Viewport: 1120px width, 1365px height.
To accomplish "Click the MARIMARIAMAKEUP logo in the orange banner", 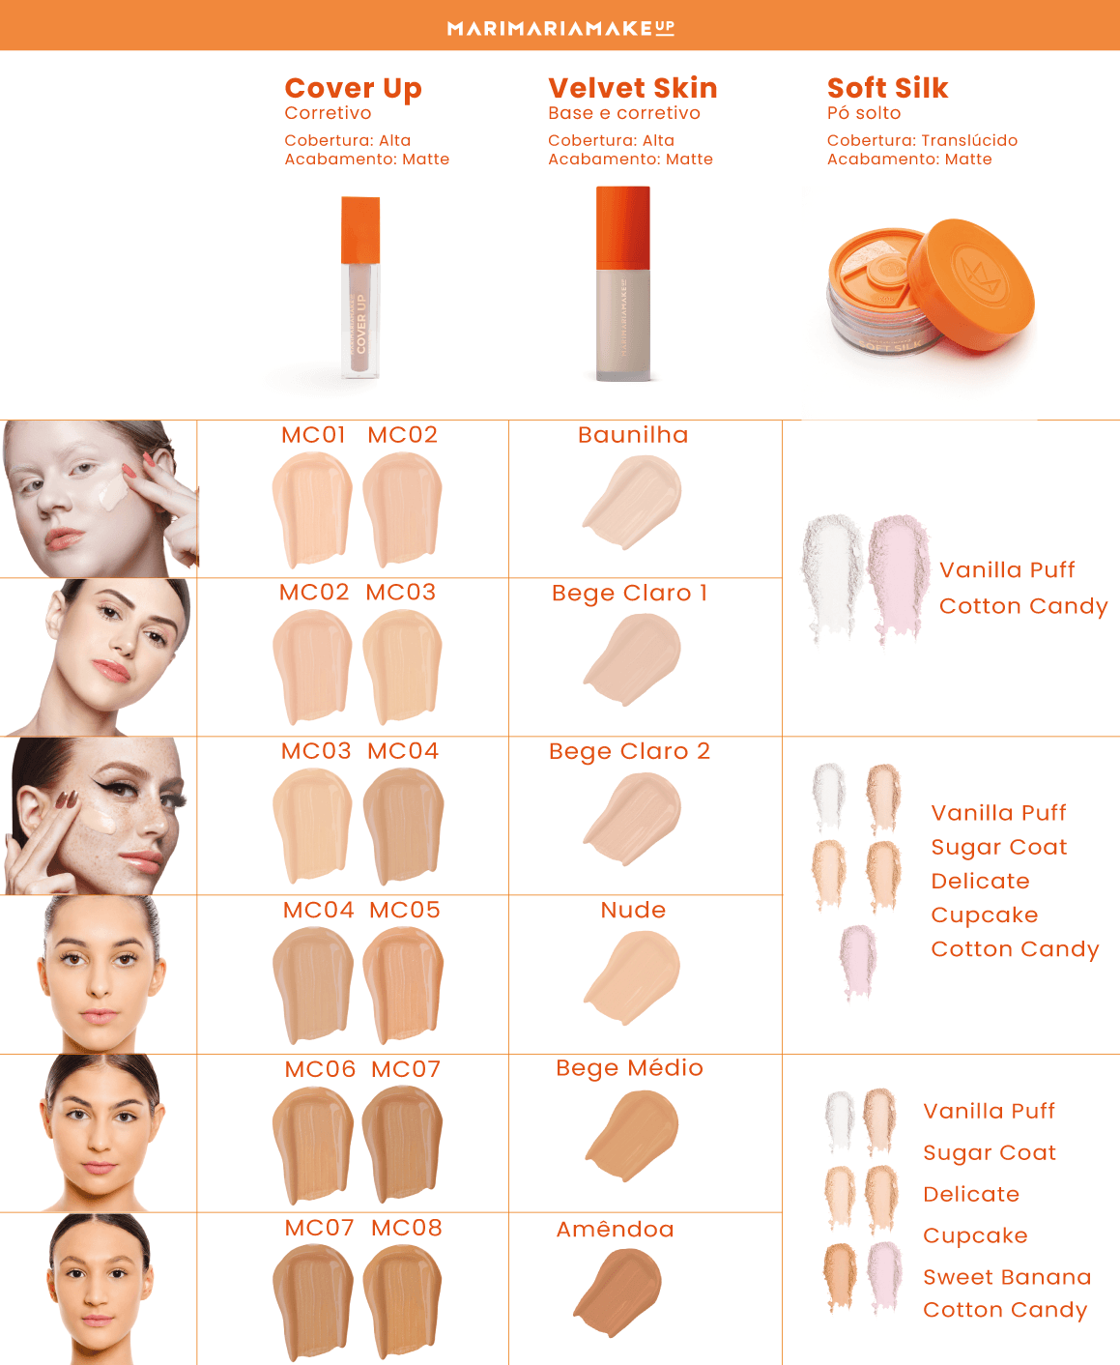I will pos(560,27).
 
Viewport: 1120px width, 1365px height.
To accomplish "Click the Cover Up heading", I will pos(353,88).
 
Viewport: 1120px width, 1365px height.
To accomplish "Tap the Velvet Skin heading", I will pos(632,88).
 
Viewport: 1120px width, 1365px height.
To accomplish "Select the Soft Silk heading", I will pos(887,88).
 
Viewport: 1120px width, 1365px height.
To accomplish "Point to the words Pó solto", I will pos(863,113).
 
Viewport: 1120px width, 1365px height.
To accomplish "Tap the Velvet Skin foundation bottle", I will pos(623,285).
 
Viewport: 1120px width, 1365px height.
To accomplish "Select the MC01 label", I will pos(313,435).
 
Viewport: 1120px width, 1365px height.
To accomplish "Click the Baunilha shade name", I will pos(633,435).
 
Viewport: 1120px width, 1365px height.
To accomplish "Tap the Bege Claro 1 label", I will pos(630,593).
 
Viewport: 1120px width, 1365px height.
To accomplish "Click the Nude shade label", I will pos(633,910).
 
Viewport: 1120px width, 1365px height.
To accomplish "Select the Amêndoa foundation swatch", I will pos(619,1291).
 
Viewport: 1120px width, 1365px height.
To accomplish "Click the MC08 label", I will pos(407,1228).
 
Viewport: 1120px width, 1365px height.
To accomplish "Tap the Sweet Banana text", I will pos(1007,1277).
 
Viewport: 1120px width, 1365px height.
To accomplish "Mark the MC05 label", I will pos(405,910).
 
